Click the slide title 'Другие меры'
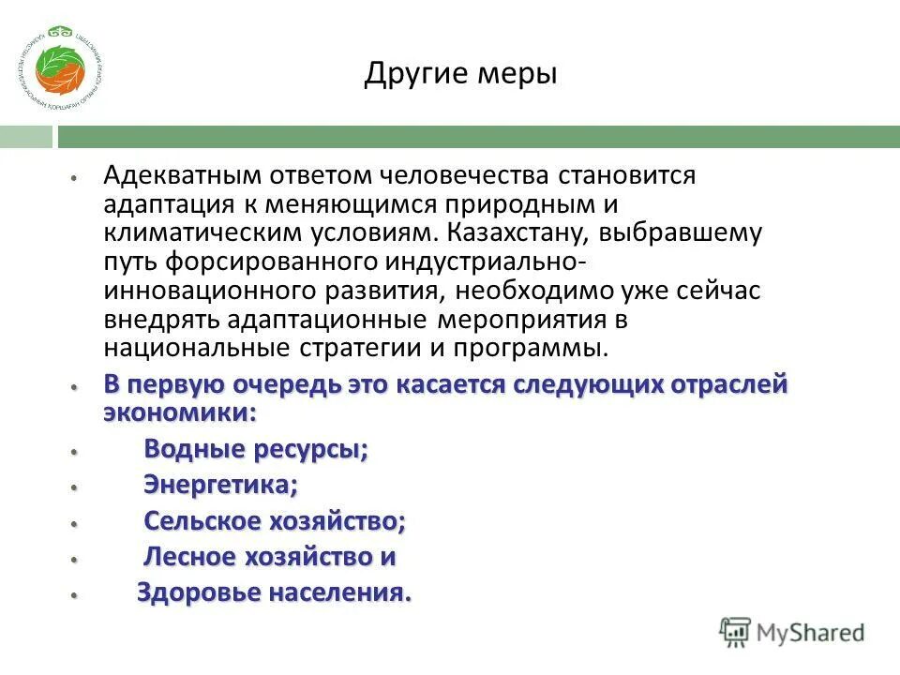click(x=460, y=72)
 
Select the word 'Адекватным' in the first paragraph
click(x=182, y=175)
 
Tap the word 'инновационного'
click(x=193, y=291)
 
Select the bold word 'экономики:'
click(x=179, y=413)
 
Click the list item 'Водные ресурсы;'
click(x=255, y=450)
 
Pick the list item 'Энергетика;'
click(x=220, y=485)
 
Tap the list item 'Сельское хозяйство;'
click(x=274, y=520)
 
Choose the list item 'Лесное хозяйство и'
click(x=269, y=557)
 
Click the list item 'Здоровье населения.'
click(x=274, y=592)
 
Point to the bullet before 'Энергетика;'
click(x=72, y=487)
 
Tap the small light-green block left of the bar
click(x=26, y=138)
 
